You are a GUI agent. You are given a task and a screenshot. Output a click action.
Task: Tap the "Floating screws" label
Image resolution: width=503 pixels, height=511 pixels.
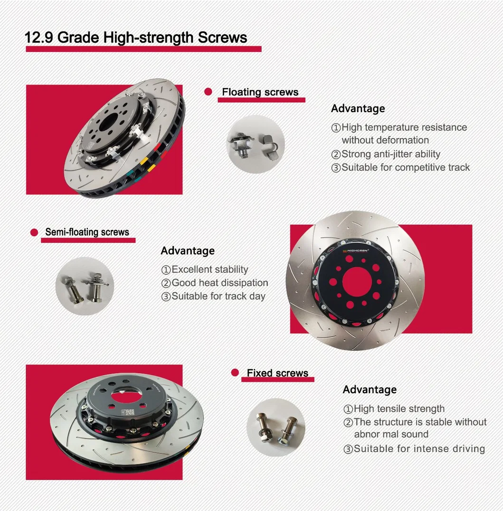[260, 92]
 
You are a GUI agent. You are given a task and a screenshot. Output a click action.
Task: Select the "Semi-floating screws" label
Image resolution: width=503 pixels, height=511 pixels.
[87, 232]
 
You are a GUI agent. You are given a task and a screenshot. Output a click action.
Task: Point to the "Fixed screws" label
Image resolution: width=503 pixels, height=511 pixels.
[277, 373]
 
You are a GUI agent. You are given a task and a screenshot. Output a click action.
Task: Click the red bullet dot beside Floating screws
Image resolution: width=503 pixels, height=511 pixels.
[208, 92]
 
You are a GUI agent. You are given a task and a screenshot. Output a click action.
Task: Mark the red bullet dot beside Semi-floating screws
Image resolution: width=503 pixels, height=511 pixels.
[34, 232]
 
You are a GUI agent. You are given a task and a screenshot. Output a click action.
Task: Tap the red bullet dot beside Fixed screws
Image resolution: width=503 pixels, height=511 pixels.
[235, 373]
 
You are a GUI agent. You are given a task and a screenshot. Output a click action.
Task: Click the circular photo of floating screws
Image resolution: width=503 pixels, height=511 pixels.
[255, 144]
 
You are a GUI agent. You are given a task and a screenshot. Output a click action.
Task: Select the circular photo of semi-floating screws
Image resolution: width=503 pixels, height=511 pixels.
[85, 286]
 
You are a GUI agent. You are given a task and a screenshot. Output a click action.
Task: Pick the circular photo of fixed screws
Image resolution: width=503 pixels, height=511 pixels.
[276, 427]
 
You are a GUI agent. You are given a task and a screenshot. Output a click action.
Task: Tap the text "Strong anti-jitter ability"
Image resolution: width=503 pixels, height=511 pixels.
[390, 154]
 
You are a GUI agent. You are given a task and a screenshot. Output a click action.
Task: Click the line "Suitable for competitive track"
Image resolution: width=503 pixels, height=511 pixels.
[405, 167]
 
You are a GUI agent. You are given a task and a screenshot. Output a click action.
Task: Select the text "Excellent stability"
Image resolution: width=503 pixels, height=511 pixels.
[209, 270]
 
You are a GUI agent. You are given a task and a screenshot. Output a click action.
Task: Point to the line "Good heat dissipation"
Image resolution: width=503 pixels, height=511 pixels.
[219, 283]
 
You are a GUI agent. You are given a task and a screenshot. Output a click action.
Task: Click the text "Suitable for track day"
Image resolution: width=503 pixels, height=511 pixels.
[218, 296]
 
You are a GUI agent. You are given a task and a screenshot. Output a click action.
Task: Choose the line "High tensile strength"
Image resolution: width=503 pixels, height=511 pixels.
[399, 409]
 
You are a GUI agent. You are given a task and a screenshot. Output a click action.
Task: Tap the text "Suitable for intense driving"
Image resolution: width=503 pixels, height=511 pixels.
[419, 449]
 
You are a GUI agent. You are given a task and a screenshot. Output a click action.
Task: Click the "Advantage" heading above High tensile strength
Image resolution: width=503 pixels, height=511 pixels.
[370, 390]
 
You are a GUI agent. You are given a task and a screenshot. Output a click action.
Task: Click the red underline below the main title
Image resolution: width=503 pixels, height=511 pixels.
[143, 49]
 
